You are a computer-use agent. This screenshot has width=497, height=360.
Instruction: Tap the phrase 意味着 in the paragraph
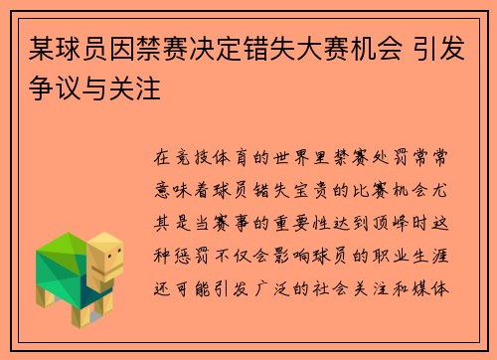tap(179, 184)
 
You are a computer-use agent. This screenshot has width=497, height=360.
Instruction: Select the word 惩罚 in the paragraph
tap(189, 238)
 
